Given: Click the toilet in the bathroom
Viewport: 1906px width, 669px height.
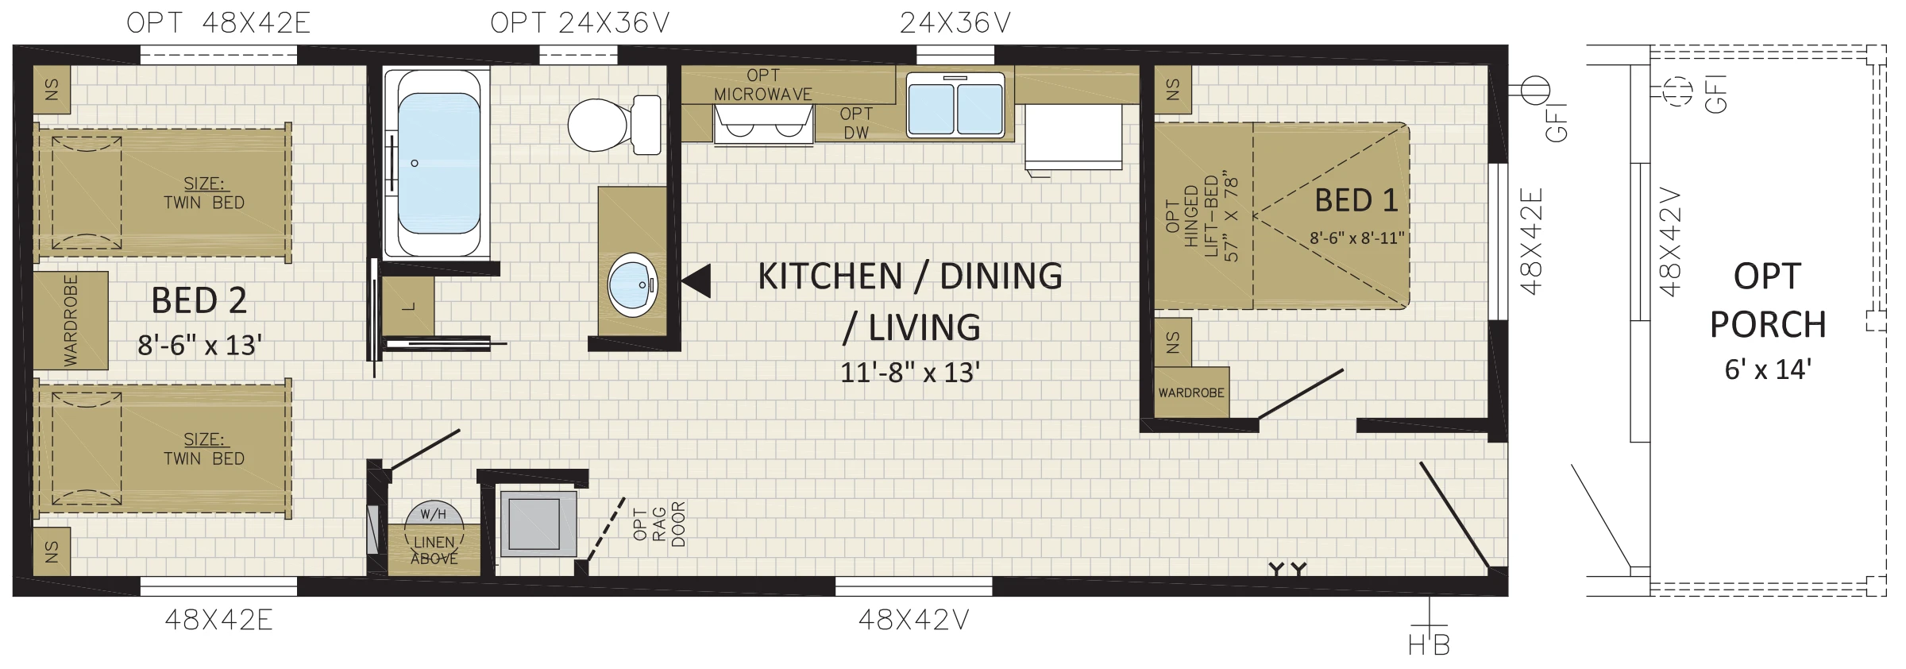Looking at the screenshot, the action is (x=614, y=125).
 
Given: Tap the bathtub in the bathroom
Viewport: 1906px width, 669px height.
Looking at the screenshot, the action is (x=437, y=164).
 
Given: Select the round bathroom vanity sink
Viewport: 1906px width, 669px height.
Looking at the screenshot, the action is (x=633, y=285).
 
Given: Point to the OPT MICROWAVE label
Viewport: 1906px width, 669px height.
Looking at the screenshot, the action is (x=762, y=84).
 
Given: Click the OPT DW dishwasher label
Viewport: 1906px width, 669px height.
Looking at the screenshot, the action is (x=856, y=123).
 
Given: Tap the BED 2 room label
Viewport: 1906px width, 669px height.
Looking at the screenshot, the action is (x=199, y=300).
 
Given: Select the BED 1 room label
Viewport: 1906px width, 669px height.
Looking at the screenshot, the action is (x=1356, y=200).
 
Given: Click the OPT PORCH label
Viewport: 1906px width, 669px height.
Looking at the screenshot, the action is (x=1767, y=300).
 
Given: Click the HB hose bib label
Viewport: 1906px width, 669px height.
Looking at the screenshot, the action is (x=1429, y=645).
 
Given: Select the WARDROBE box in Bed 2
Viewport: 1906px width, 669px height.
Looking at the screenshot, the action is (x=71, y=320).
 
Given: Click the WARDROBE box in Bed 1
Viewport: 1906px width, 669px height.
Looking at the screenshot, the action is (x=1191, y=393).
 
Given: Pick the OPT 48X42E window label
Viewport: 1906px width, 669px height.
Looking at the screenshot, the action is (x=218, y=23).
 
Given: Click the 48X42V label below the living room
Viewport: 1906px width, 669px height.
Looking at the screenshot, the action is (x=913, y=621).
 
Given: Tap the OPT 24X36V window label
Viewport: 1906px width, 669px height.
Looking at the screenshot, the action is (x=580, y=23).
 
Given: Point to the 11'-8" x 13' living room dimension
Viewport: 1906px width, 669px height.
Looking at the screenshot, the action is (x=910, y=372).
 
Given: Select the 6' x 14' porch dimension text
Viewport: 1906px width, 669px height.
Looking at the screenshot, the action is (x=1767, y=369).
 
